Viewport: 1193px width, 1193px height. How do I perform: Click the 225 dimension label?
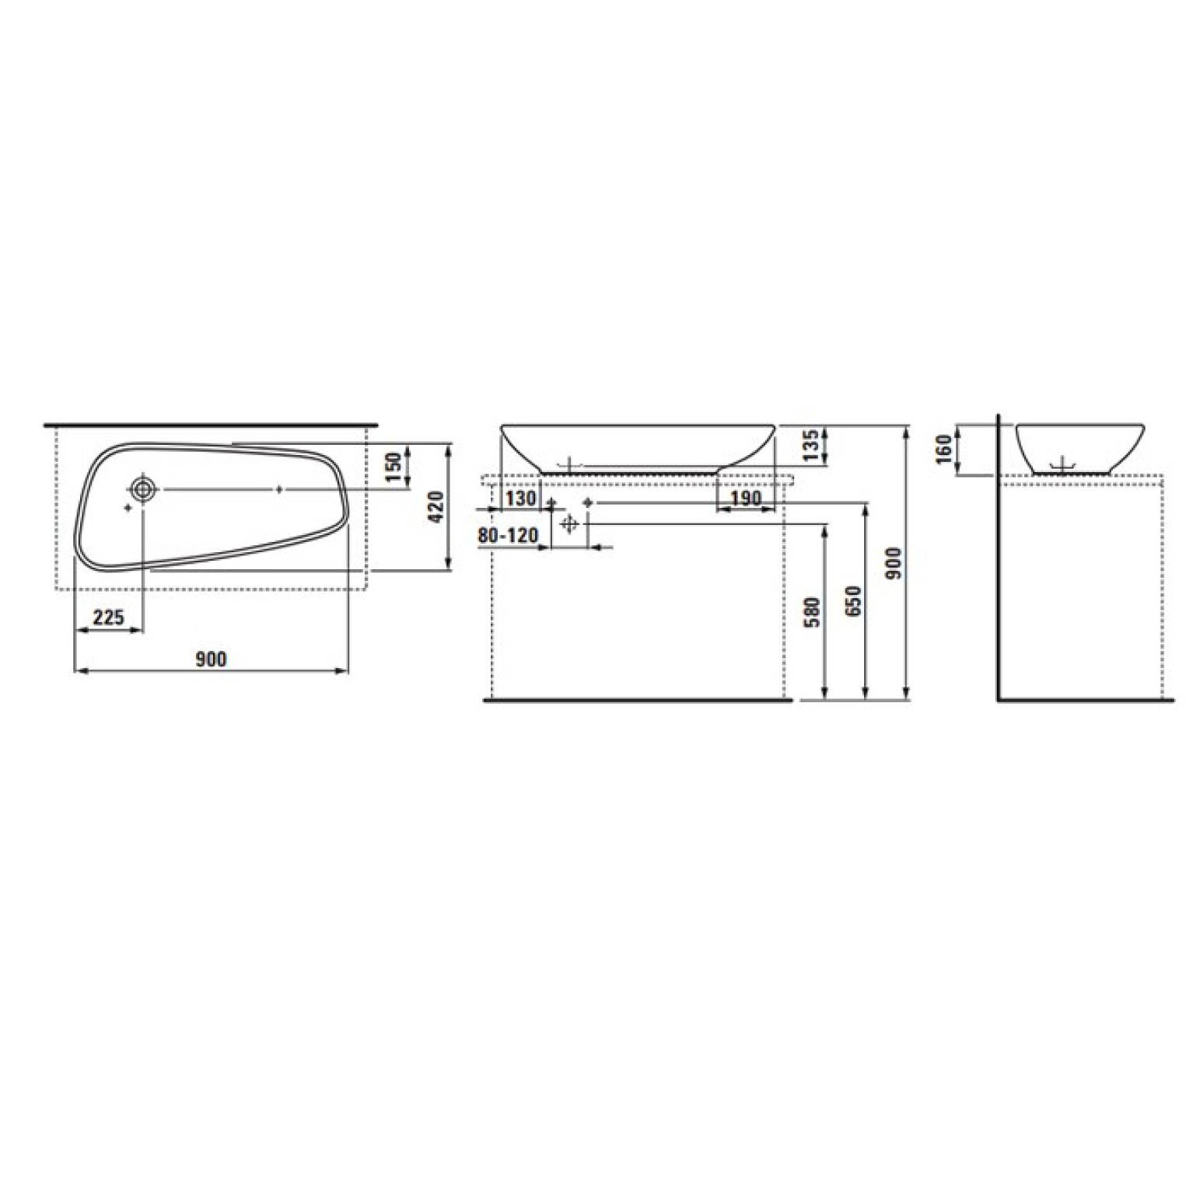coord(109,617)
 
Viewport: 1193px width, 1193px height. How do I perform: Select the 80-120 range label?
coord(509,536)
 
